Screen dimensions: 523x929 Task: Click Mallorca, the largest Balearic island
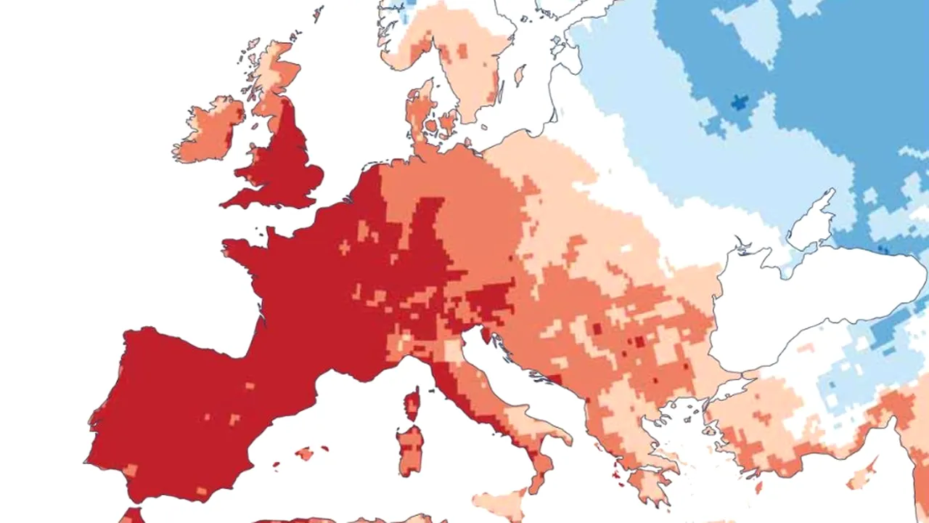click(x=306, y=453)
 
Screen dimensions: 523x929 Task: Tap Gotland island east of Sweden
click(x=520, y=75)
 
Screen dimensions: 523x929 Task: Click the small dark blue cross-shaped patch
click(x=739, y=102)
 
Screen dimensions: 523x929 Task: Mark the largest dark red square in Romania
click(x=639, y=341)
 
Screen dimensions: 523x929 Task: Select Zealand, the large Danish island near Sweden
click(x=448, y=123)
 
